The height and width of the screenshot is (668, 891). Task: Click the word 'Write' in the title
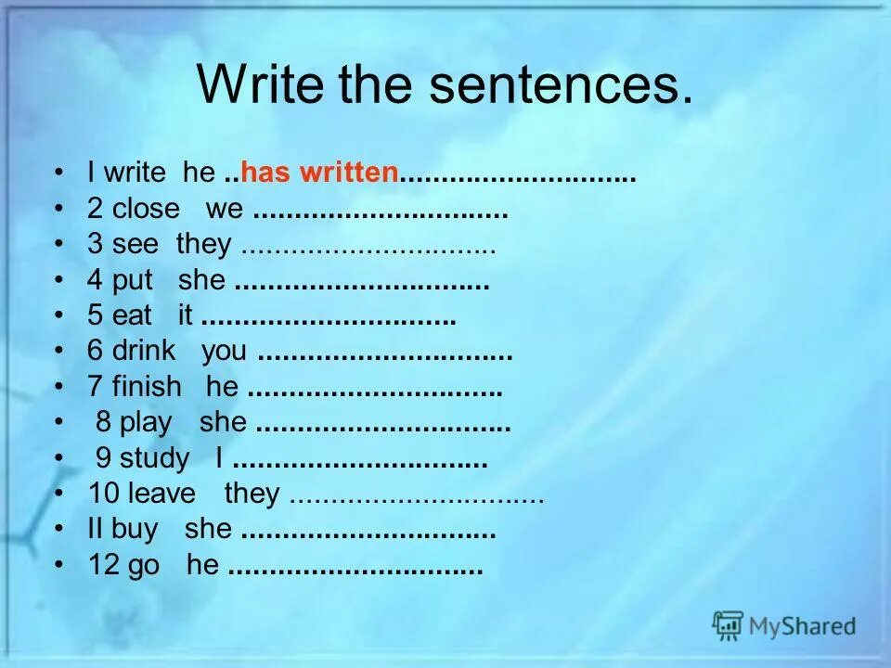pyautogui.click(x=260, y=84)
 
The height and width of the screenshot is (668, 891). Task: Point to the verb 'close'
pyautogui.click(x=146, y=209)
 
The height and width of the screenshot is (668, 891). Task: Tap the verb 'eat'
pyautogui.click(x=132, y=315)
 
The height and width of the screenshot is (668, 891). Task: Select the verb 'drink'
pyautogui.click(x=144, y=352)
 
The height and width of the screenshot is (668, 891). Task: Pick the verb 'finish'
pyautogui.click(x=147, y=387)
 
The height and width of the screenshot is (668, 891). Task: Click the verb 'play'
pyautogui.click(x=146, y=423)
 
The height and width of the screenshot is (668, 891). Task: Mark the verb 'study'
pyautogui.click(x=155, y=458)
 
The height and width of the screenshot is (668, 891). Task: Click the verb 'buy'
pyautogui.click(x=136, y=529)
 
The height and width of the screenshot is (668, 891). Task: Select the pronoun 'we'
pyautogui.click(x=224, y=209)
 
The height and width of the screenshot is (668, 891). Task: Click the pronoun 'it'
pyautogui.click(x=186, y=315)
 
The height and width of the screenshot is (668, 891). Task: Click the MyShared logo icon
pyautogui.click(x=728, y=625)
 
